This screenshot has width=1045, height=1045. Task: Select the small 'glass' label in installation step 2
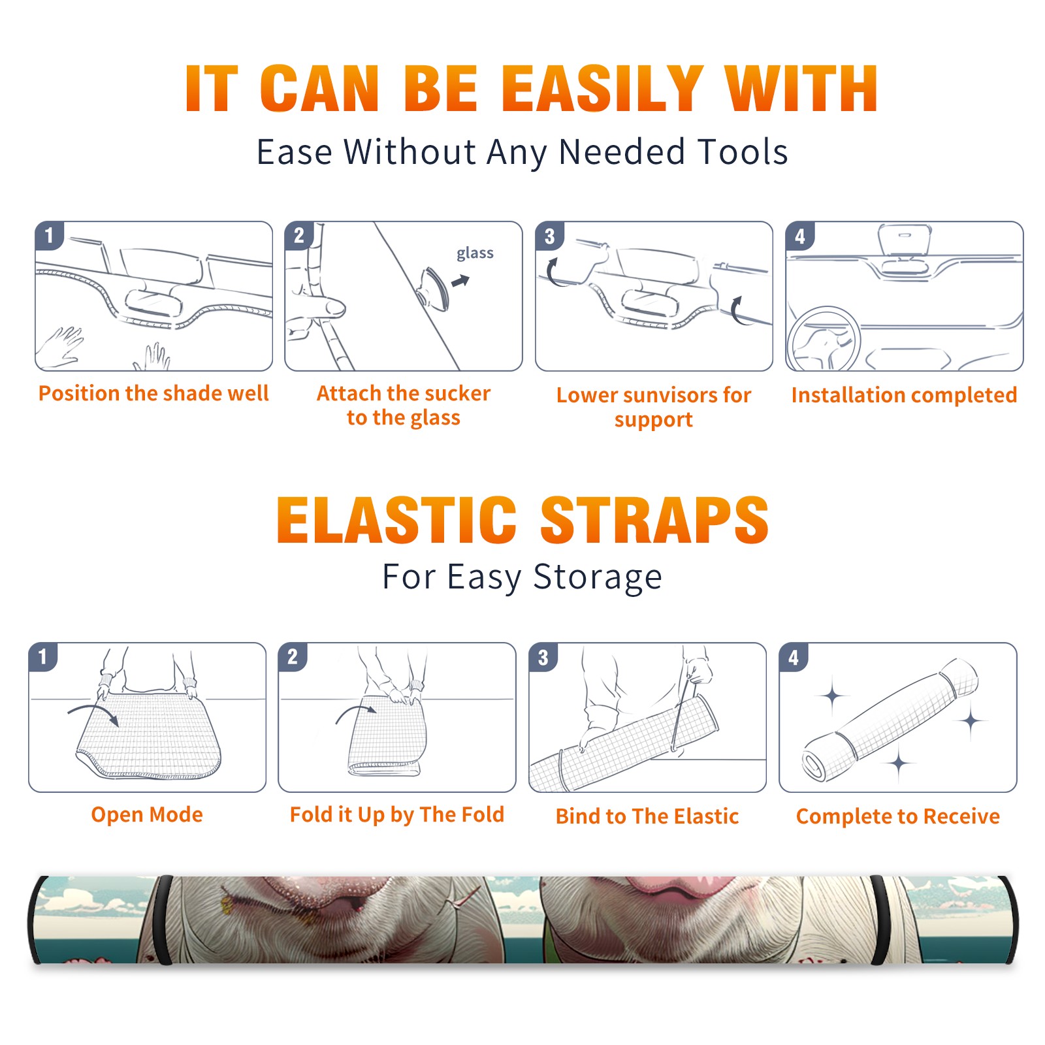coord(475,253)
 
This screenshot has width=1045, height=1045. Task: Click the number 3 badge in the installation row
coord(549,236)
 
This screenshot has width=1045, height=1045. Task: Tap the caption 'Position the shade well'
coord(153,393)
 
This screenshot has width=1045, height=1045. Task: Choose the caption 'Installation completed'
coord(904,395)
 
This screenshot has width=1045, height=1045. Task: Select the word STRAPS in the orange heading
coord(654,520)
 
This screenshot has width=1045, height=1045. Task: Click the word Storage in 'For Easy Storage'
coord(598,578)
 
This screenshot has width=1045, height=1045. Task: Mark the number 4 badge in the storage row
coord(794,658)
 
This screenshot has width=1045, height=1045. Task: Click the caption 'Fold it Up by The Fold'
coord(397,815)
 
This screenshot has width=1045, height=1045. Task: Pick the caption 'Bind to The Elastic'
coord(647,816)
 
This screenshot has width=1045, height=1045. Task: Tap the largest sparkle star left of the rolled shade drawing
coord(833,696)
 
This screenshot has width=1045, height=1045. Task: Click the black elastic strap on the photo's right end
coord(880,921)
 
